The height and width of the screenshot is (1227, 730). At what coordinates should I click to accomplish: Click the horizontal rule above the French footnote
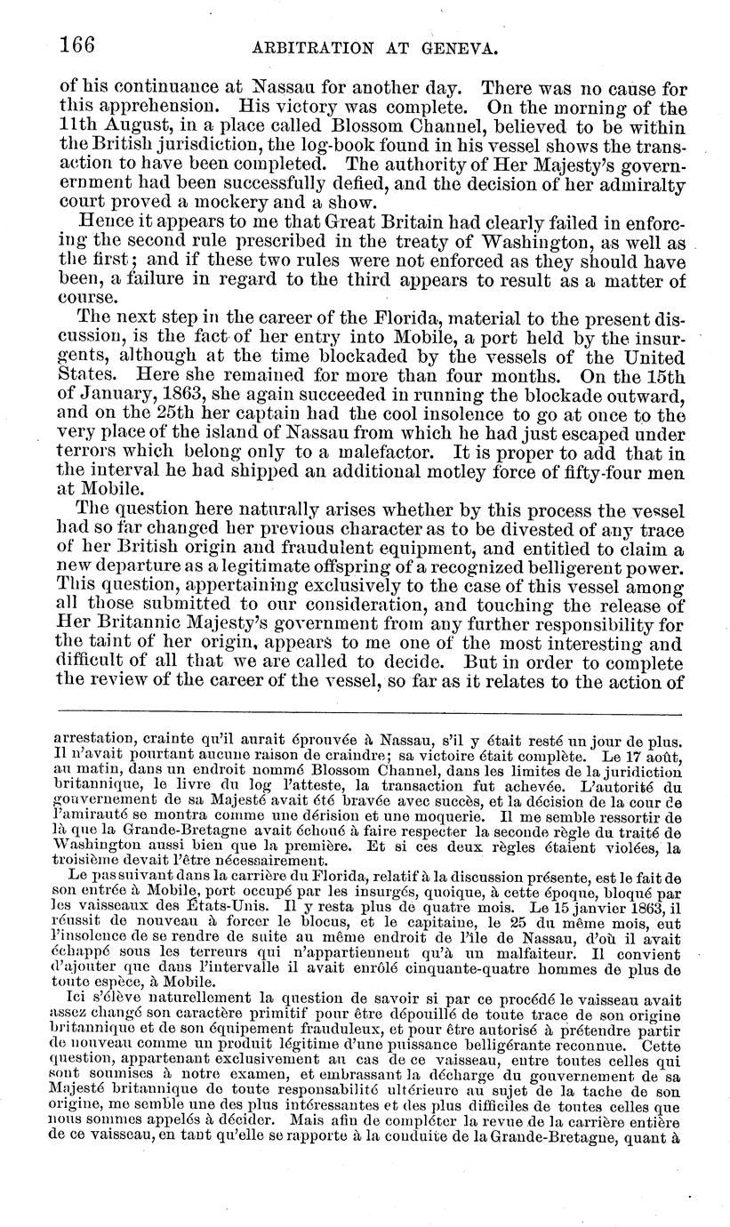pos(368,712)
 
